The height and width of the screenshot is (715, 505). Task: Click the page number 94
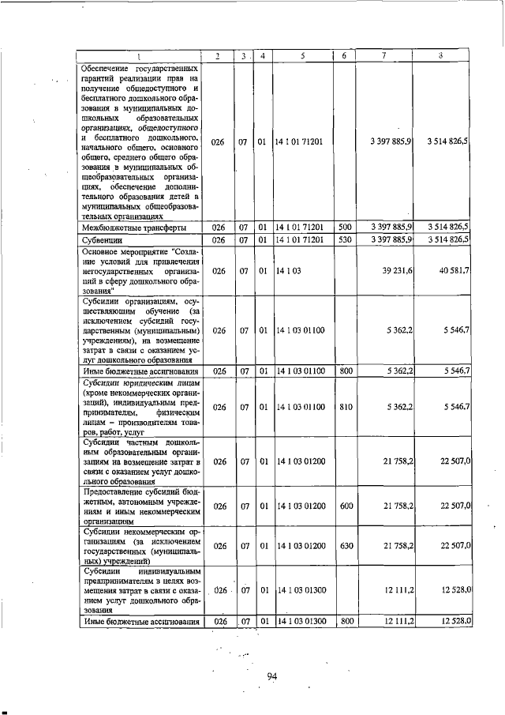point(273,675)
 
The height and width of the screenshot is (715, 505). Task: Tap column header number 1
point(140,55)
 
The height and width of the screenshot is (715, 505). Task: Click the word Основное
point(105,250)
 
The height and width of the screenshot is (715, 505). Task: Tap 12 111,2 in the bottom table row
point(397,621)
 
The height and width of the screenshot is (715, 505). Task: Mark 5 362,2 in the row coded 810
point(398,407)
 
